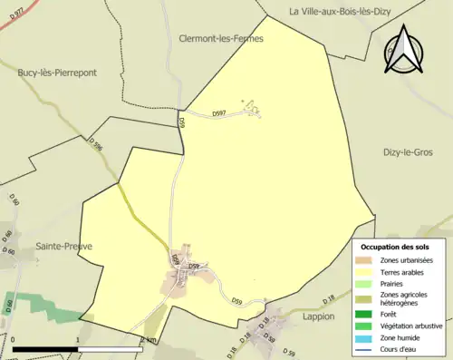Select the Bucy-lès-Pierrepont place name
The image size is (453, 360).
tap(57, 72)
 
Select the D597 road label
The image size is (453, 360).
tap(220, 114)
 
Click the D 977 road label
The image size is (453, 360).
tap(12, 19)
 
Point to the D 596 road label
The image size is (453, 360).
tap(97, 144)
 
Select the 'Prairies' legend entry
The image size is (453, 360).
tap(394, 283)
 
